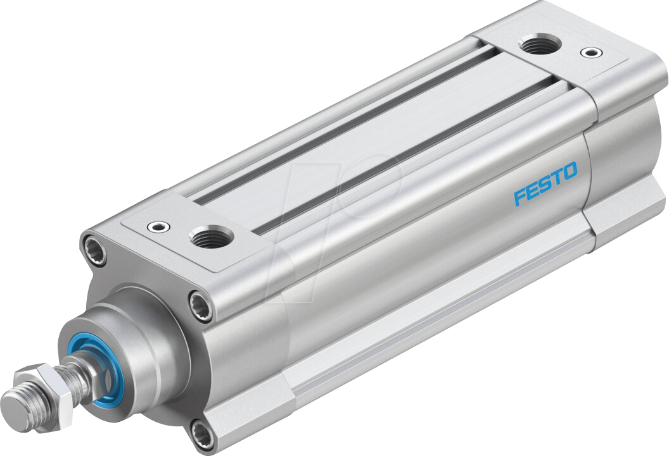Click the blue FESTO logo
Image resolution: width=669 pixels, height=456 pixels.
pos(545,183)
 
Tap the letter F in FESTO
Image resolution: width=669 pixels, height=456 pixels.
pos(519,197)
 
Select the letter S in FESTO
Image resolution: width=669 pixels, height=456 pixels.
pos(544,184)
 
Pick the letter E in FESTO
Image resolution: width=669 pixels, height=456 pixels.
pos(532,190)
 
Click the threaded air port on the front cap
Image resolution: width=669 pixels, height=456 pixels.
pos(211,238)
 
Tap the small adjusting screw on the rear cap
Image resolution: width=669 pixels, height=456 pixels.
pos(591,52)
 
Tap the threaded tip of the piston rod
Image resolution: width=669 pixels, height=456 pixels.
pos(18,409)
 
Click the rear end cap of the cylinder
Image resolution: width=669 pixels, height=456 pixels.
pos(624,158)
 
